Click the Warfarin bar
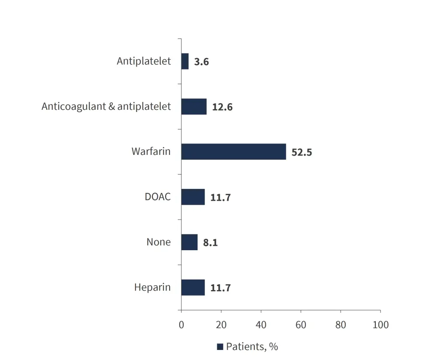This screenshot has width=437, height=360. click(x=233, y=152)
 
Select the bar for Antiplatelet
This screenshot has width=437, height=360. click(x=185, y=61)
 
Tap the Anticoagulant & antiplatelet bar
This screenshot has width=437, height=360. click(x=194, y=106)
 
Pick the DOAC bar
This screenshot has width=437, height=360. click(x=193, y=197)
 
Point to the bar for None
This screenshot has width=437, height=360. click(x=189, y=242)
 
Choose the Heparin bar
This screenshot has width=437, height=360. click(x=193, y=287)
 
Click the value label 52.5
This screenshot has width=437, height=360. click(x=302, y=153)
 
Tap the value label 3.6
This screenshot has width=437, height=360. click(x=201, y=62)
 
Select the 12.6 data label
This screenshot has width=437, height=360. click(x=222, y=107)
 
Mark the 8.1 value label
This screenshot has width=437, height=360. click(x=210, y=243)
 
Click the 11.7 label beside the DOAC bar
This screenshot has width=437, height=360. click(x=220, y=198)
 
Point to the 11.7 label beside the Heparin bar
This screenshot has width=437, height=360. click(x=220, y=288)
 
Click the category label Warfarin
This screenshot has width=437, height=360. click(x=151, y=152)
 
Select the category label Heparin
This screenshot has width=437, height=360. click(x=153, y=287)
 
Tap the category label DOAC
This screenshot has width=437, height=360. click(x=158, y=197)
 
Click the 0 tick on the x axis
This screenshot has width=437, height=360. click(x=181, y=325)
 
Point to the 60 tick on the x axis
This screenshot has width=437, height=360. click(x=301, y=325)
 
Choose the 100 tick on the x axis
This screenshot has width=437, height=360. click(x=380, y=325)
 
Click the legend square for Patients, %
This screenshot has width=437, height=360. click(x=220, y=347)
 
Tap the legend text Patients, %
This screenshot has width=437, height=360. click(x=252, y=347)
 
